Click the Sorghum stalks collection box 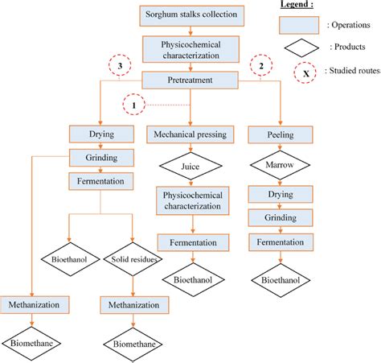click(189, 14)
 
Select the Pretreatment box click(189, 80)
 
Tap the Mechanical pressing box click(190, 134)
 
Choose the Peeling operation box click(281, 134)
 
